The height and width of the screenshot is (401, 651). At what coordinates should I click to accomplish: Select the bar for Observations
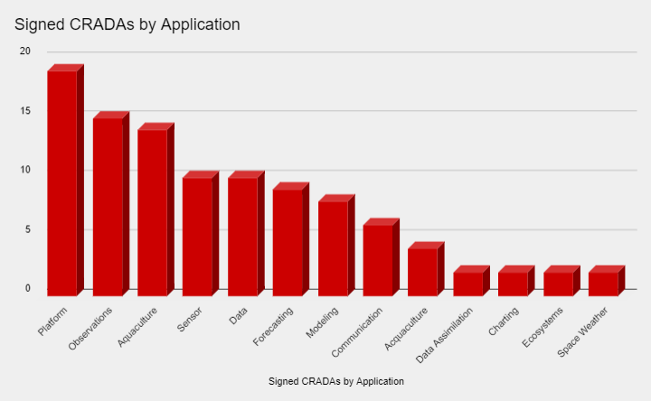pos(108,206)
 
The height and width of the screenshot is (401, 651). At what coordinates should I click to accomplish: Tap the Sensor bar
pos(197,236)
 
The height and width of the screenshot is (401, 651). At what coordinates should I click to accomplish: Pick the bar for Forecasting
pos(288,242)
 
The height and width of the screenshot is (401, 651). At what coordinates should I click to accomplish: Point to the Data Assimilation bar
pos(468,284)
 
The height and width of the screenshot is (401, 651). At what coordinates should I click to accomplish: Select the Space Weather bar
pos(603,284)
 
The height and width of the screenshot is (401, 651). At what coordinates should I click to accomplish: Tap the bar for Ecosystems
pos(558,284)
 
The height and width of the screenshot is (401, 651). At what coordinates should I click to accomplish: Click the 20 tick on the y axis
pos(25,51)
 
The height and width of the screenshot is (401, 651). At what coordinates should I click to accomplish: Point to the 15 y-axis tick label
pos(25,111)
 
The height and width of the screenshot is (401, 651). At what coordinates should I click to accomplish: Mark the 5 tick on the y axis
pos(27,229)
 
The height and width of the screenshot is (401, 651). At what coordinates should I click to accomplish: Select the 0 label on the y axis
pos(27,289)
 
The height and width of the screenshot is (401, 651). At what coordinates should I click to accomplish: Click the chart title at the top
pos(127,24)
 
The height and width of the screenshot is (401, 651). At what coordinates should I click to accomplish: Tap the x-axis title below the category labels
pos(336,381)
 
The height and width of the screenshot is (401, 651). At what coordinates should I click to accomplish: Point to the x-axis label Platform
pos(55,324)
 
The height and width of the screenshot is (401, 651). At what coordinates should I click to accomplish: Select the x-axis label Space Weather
pos(583,331)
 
